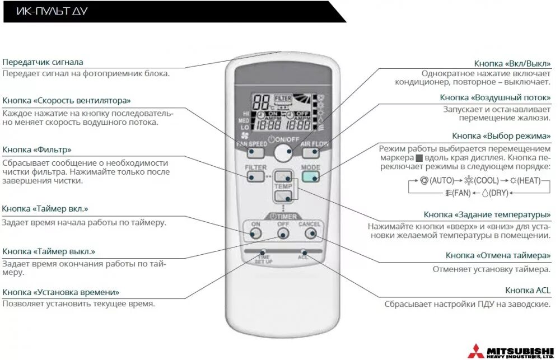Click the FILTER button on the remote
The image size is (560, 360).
(x=255, y=177)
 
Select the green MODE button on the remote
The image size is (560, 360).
(x=310, y=177)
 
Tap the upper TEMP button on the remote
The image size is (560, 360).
(x=283, y=175)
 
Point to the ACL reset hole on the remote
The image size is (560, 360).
(x=304, y=253)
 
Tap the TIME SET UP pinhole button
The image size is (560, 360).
(x=264, y=253)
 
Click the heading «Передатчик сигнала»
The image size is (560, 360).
(x=43, y=62)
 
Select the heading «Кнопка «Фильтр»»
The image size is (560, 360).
(x=37, y=149)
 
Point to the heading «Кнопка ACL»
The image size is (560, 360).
(x=528, y=290)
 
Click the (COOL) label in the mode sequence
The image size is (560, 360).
(x=486, y=181)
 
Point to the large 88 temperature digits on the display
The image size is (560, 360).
(x=262, y=102)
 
